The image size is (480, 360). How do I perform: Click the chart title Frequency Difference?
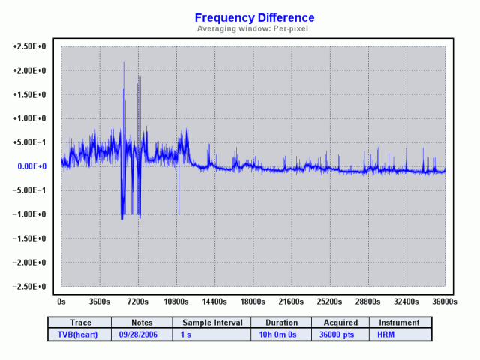pyautogui.click(x=254, y=17)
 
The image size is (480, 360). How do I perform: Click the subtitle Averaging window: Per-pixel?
pyautogui.click(x=254, y=28)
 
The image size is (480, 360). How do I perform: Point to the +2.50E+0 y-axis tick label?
pyautogui.click(x=30, y=46)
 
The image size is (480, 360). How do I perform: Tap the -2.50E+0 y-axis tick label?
pyautogui.click(x=30, y=286)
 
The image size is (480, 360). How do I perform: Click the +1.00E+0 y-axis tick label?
pyautogui.click(x=30, y=118)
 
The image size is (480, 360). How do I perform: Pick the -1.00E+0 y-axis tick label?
pyautogui.click(x=30, y=214)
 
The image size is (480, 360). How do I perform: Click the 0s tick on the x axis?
pyautogui.click(x=61, y=301)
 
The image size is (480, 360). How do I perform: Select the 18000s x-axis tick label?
pyautogui.click(x=253, y=301)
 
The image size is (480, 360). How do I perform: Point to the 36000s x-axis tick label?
pyautogui.click(x=445, y=301)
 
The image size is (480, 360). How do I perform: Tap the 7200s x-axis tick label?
pyautogui.click(x=138, y=301)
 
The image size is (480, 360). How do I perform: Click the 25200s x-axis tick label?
pyautogui.click(x=330, y=301)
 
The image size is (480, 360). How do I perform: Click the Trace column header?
pyautogui.click(x=79, y=322)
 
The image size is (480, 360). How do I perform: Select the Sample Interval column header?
pyautogui.click(x=212, y=322)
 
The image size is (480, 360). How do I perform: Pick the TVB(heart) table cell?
pyautogui.click(x=79, y=334)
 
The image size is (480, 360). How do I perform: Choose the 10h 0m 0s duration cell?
pyautogui.click(x=280, y=334)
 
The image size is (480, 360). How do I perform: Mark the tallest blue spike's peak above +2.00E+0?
pyautogui.click(x=124, y=63)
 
